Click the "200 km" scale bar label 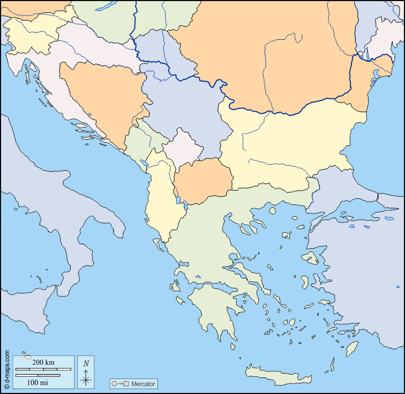[43, 362]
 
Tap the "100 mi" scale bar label [37, 382]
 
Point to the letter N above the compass [86, 364]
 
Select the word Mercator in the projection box [143, 384]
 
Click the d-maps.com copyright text [7, 370]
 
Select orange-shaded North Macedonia [203, 180]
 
